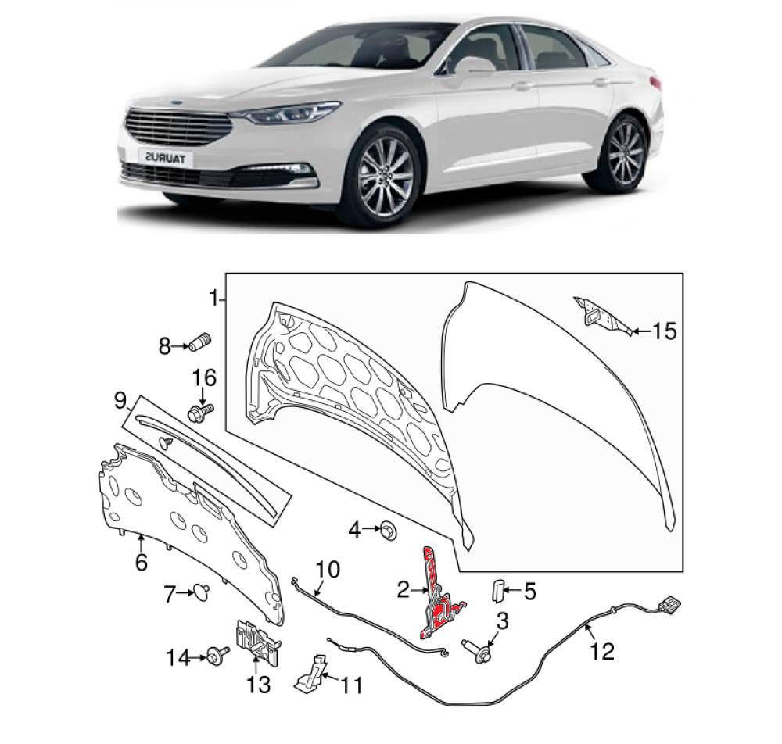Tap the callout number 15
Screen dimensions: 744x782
pyautogui.click(x=664, y=331)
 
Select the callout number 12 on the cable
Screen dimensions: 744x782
pyautogui.click(x=602, y=651)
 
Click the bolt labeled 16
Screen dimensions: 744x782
pyautogui.click(x=200, y=411)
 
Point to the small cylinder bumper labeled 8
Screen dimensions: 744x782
pyautogui.click(x=201, y=342)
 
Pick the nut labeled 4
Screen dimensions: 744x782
pyautogui.click(x=391, y=531)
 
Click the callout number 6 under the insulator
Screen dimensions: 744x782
pyautogui.click(x=141, y=562)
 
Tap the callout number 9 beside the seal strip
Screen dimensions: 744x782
pyautogui.click(x=120, y=402)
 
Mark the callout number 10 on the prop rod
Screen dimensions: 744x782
pyautogui.click(x=328, y=569)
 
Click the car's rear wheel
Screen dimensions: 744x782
pyautogui.click(x=625, y=153)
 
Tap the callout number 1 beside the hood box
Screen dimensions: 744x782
pyautogui.click(x=212, y=299)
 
